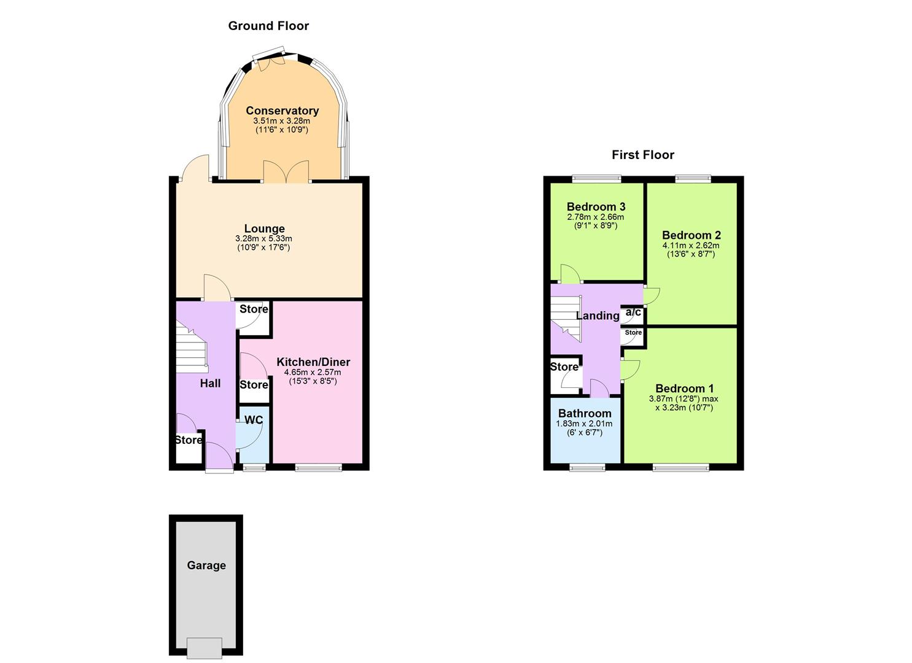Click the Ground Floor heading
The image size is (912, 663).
click(268, 26)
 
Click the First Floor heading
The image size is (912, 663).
click(642, 155)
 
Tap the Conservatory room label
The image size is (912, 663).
click(282, 110)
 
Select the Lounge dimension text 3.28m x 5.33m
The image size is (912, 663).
click(263, 239)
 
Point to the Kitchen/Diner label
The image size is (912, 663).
click(313, 362)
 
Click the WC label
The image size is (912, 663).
click(254, 420)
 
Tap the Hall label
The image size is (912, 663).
click(210, 383)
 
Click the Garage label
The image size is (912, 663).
click(206, 565)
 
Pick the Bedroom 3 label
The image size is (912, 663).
click(596, 207)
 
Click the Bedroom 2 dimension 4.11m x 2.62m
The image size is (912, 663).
click(691, 246)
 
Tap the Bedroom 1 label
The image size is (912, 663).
click(684, 389)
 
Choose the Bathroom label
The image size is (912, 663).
click(585, 414)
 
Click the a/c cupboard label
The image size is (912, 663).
click(633, 312)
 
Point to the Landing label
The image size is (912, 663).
click(597, 316)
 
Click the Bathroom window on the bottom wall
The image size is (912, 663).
click(588, 468)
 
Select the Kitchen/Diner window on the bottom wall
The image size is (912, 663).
click(319, 468)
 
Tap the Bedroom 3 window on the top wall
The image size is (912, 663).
click(597, 179)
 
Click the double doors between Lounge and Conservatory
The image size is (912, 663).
click(286, 171)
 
